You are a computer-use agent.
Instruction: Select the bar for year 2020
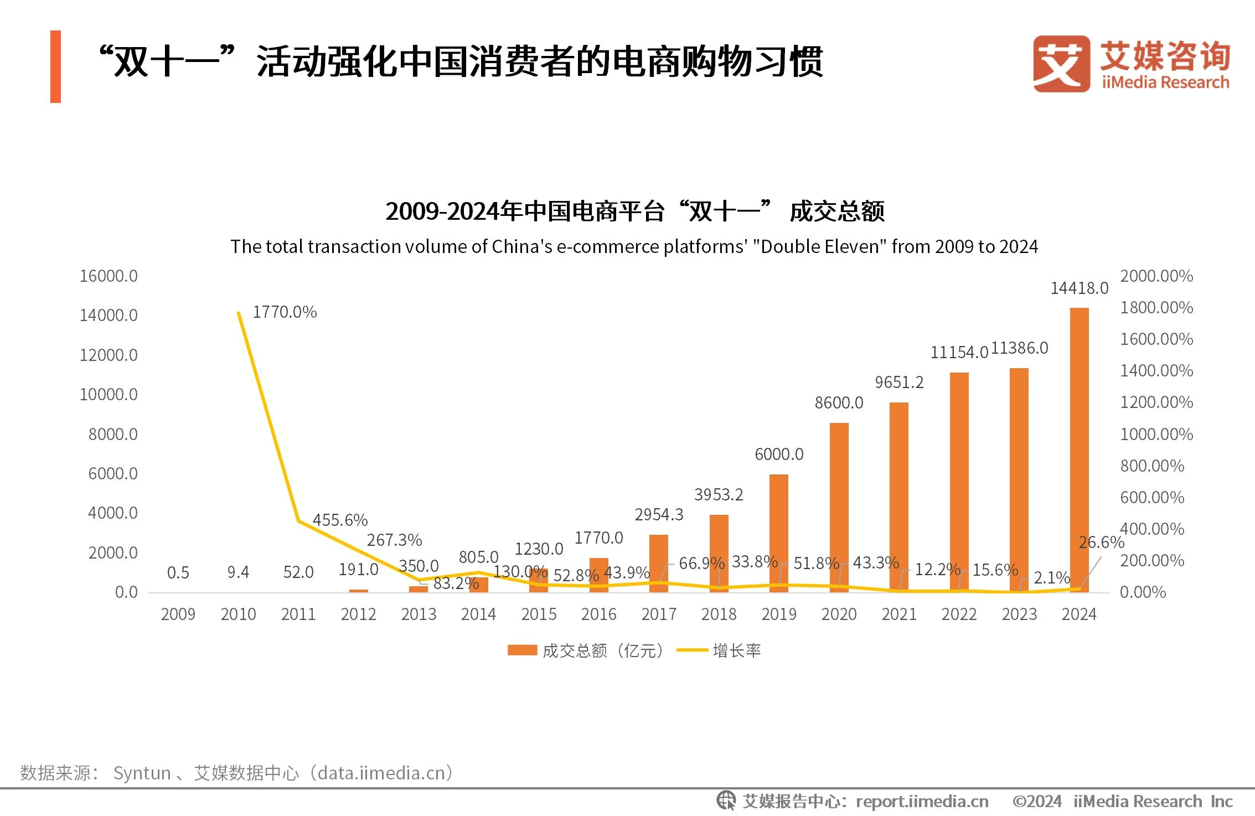839,507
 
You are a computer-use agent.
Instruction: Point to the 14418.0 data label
1079,288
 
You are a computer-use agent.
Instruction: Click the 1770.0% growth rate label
285,312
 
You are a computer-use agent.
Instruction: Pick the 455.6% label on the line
340,520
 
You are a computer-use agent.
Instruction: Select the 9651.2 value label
899,383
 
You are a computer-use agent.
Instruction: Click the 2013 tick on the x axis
419,614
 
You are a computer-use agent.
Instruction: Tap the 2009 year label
178,614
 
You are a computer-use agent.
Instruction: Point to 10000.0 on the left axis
109,395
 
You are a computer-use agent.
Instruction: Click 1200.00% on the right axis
1156,402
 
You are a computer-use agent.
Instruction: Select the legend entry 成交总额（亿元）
586,650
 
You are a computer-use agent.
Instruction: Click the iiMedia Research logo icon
1061,64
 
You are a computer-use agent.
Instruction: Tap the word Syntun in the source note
142,773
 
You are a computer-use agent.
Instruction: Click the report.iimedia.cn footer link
922,802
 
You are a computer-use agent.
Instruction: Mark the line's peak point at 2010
239,313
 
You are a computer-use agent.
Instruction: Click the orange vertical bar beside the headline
55,66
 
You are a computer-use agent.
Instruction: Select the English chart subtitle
634,246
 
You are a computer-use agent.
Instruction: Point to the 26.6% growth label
1101,543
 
